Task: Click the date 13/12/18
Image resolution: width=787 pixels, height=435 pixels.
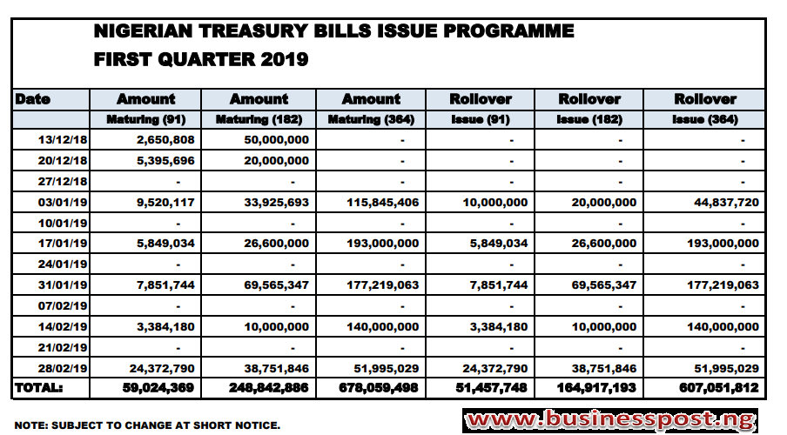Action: (63, 140)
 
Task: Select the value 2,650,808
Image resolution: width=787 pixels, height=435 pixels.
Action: (165, 140)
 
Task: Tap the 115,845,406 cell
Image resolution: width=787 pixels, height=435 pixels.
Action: (383, 203)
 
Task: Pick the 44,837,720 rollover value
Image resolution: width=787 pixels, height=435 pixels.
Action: (726, 203)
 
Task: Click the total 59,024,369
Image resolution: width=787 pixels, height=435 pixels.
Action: (158, 388)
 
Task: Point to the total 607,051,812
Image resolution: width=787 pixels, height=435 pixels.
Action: (719, 388)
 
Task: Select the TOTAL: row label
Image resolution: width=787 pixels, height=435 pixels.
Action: (38, 388)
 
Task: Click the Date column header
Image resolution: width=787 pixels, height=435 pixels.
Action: (32, 99)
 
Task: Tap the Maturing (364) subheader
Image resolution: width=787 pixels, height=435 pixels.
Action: (371, 120)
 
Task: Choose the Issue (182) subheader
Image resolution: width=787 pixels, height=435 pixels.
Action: (589, 120)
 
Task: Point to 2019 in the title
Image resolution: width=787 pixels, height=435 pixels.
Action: (285, 60)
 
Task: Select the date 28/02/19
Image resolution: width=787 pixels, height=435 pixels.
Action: (63, 369)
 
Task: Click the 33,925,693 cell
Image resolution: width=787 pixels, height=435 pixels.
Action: (277, 203)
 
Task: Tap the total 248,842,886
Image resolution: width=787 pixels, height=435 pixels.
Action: (268, 388)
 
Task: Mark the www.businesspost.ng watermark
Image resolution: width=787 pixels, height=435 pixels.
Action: (610, 420)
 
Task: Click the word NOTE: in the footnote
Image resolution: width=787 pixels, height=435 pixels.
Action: (31, 425)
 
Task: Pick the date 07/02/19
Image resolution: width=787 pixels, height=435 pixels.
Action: (63, 306)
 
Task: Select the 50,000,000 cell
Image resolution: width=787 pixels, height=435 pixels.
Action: (277, 140)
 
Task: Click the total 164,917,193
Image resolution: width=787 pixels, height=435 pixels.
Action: (596, 388)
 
